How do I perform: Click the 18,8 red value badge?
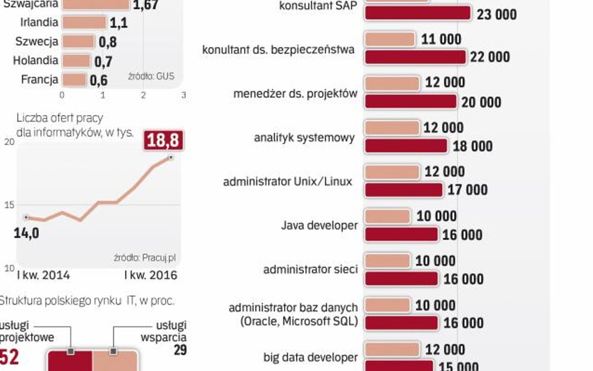[x=164, y=140]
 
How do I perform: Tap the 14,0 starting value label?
[x=26, y=233]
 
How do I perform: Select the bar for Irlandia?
[x=84, y=23]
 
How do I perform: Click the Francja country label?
[x=39, y=80]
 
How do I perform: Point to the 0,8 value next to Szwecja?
[x=108, y=43]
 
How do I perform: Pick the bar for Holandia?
[x=76, y=61]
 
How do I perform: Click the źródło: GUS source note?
[x=151, y=76]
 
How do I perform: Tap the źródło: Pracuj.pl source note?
[x=144, y=257]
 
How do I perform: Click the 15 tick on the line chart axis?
[x=9, y=205]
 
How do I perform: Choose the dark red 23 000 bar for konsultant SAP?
[x=417, y=13]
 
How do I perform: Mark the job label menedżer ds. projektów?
[x=295, y=94]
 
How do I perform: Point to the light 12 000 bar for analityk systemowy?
[x=391, y=128]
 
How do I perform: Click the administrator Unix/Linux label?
[x=287, y=181]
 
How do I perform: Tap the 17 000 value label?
[x=467, y=190]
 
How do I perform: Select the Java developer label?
[x=319, y=225]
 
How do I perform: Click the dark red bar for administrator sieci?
[x=401, y=279]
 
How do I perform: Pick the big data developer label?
[x=310, y=357]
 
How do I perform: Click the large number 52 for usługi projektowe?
[x=11, y=356]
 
